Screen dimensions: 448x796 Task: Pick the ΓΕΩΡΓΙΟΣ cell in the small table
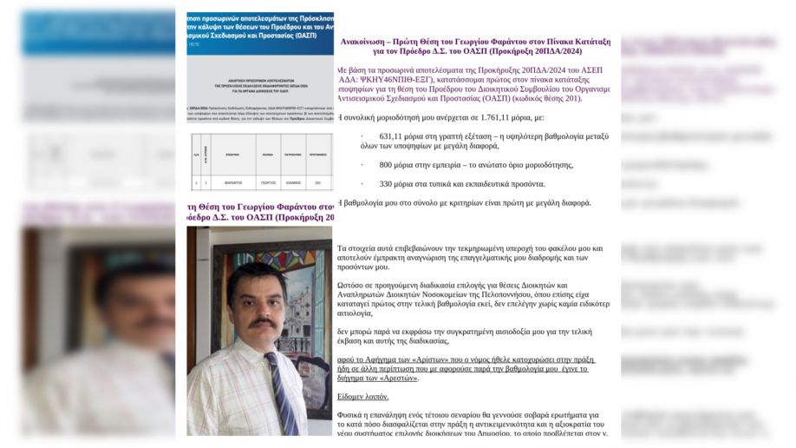pos(264,183)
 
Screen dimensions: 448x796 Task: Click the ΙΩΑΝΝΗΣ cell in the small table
pos(293,183)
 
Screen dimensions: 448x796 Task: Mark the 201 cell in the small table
pos(318,183)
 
